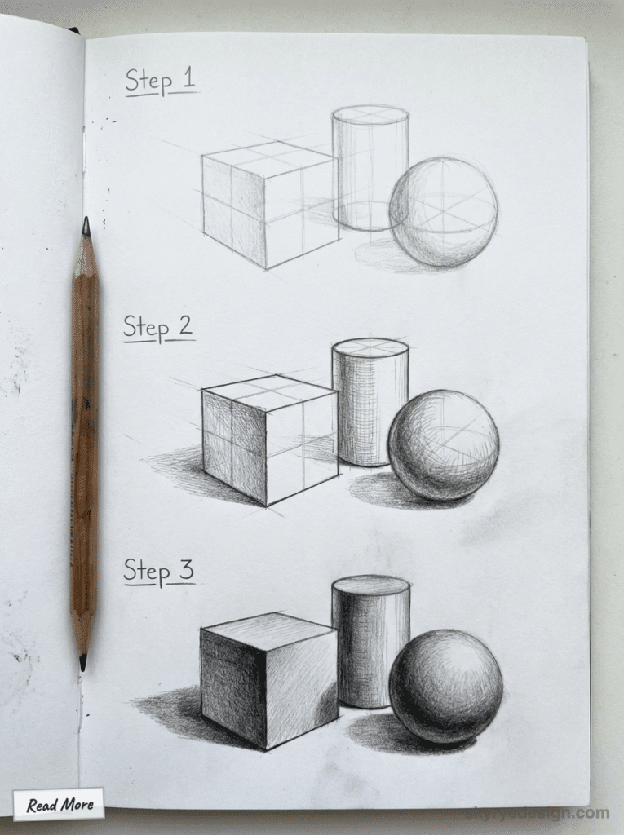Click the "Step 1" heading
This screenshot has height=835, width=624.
[160, 82]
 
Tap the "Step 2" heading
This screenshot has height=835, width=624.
[158, 328]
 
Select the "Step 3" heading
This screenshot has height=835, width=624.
[158, 571]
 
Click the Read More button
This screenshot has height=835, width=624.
[59, 804]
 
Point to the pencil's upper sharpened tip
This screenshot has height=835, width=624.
[86, 223]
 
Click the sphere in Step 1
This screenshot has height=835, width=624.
[443, 212]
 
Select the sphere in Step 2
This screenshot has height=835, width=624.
[443, 445]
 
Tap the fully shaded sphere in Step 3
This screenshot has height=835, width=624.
[445, 685]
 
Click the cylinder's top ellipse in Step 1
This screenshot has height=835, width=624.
[370, 115]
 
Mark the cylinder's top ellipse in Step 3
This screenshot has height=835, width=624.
[370, 585]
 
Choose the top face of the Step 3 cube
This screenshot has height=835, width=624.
[269, 630]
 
